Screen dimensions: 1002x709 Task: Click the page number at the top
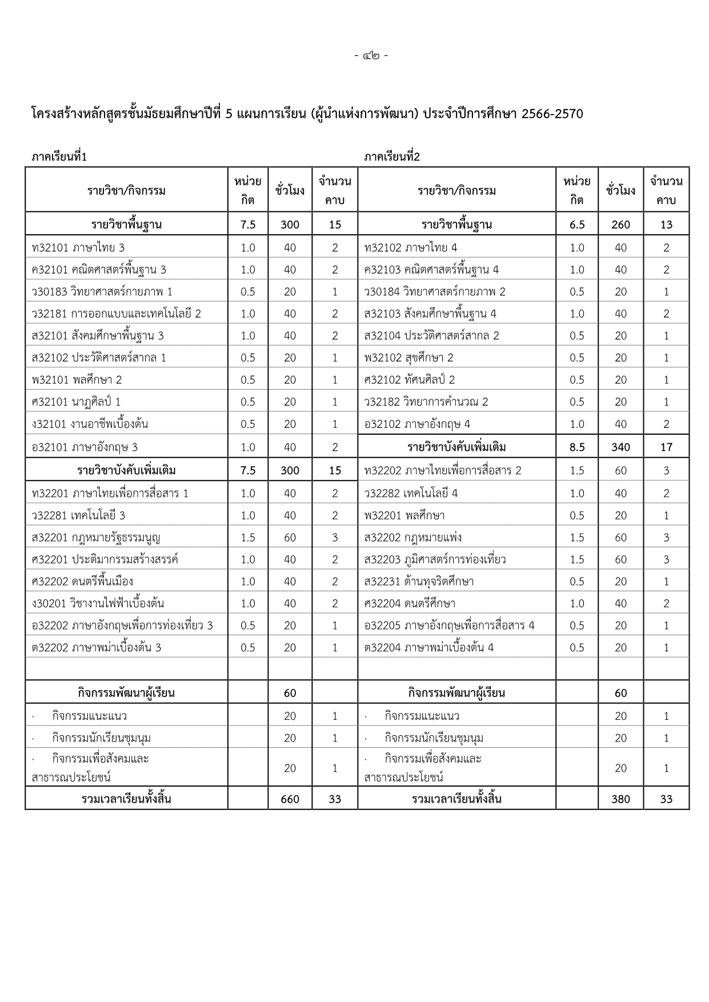[x=371, y=56]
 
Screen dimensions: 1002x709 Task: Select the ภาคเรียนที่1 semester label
[x=59, y=157]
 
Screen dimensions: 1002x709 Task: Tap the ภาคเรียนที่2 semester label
[x=392, y=157]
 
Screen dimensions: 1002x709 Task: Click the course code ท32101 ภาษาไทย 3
[x=78, y=248]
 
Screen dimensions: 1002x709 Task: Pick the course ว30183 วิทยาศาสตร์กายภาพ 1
[x=102, y=292]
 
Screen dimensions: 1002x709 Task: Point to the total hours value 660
[x=290, y=799]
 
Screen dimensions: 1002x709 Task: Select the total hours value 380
[x=620, y=799]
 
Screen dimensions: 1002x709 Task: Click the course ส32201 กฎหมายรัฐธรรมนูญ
[x=96, y=538]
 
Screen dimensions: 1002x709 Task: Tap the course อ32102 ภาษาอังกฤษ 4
[x=417, y=424]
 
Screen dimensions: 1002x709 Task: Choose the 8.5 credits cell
[x=577, y=447]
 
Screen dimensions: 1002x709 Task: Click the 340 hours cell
[x=620, y=447]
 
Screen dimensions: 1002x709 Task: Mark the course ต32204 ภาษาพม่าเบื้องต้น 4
[x=429, y=648]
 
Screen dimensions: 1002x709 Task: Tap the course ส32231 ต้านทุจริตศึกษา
[x=419, y=582]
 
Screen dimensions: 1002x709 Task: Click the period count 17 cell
[x=666, y=447]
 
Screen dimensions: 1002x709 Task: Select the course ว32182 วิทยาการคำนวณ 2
[x=426, y=402]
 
